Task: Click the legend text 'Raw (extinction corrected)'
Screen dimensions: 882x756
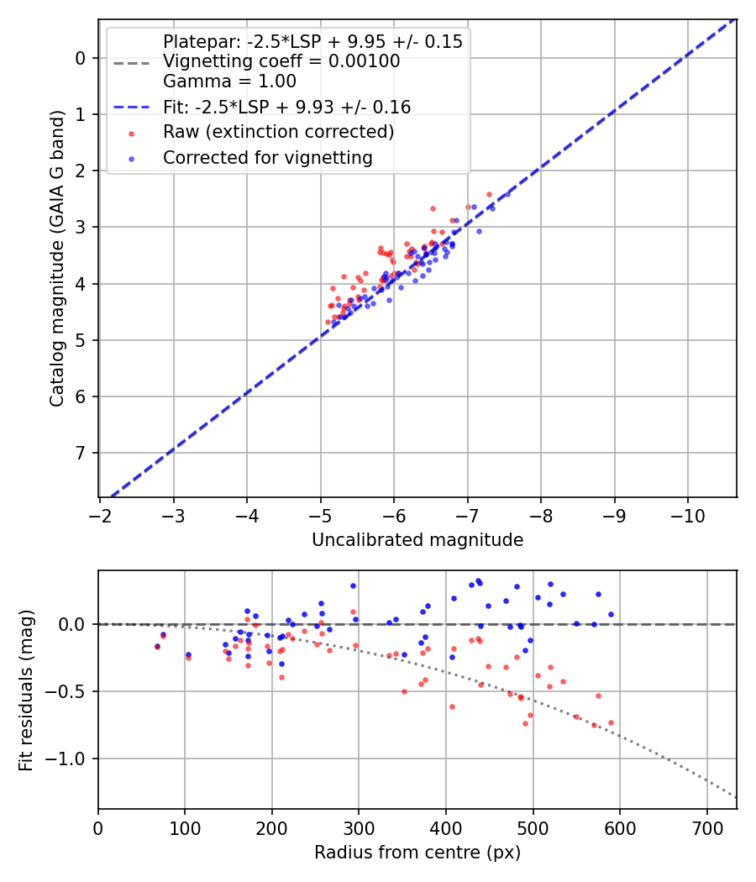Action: [x=278, y=132]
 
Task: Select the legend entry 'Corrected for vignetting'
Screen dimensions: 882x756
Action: [x=267, y=157]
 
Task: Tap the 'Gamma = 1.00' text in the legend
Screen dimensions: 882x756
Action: [x=229, y=81]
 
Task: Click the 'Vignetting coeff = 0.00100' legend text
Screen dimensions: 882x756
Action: [x=281, y=61]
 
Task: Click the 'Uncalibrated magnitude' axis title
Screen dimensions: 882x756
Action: [x=417, y=540]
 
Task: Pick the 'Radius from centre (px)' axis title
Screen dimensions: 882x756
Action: [x=417, y=853]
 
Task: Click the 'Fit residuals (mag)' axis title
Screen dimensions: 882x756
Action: [x=26, y=690]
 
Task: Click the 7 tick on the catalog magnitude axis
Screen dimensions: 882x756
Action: [x=81, y=453]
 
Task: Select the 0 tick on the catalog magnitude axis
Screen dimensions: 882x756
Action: [x=81, y=58]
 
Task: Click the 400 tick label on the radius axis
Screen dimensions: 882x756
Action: [x=446, y=828]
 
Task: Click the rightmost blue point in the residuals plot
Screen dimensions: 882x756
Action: [x=611, y=614]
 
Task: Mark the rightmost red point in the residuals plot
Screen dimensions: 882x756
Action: [x=611, y=722]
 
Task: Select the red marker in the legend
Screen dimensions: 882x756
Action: [x=130, y=133]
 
